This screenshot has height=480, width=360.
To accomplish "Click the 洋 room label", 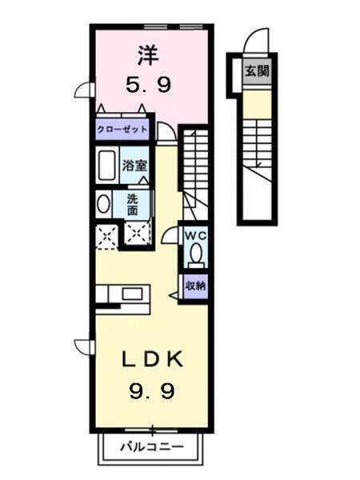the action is [x=148, y=55].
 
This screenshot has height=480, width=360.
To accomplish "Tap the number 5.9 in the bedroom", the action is [x=149, y=84].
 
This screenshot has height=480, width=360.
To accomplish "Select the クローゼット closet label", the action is [x=122, y=130].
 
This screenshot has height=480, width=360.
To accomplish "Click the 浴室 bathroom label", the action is [x=134, y=166].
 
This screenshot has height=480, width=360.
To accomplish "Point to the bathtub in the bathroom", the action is [x=106, y=166].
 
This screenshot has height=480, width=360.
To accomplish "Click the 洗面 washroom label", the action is [x=132, y=205].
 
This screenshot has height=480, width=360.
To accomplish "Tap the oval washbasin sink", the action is [x=104, y=204].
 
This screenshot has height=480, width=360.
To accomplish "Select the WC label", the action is [x=196, y=236].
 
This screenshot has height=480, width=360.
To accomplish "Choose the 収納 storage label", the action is [x=196, y=286].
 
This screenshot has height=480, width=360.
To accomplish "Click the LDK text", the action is [x=153, y=359].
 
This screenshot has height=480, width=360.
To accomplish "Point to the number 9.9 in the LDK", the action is [x=152, y=391].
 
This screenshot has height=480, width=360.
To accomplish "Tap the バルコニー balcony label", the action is [x=152, y=446].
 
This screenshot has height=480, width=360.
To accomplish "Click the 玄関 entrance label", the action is [x=257, y=71].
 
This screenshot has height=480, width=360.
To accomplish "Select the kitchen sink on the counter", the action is [x=132, y=294].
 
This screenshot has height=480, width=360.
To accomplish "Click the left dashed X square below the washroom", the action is [x=106, y=237].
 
